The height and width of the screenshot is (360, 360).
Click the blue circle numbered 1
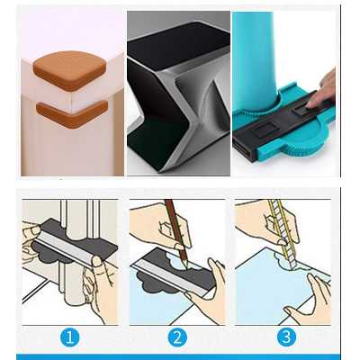point(70,337)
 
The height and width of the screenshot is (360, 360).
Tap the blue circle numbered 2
point(177,337)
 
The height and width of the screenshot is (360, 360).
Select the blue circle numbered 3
point(286,337)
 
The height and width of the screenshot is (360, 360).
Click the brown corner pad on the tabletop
point(69,70)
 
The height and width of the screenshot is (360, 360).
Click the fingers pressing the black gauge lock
point(320,89)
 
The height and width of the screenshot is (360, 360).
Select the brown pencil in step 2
point(177,232)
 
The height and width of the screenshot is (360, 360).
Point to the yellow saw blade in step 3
point(283,234)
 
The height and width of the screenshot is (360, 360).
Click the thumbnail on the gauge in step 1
point(96,262)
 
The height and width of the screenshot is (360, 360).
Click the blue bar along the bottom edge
point(178,356)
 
